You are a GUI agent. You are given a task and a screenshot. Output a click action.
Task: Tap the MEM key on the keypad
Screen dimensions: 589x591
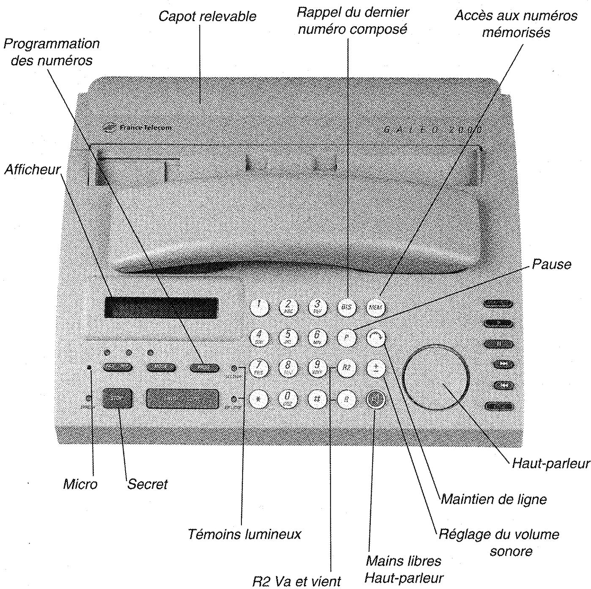(375, 307)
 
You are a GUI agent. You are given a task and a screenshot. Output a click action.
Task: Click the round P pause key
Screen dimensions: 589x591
(347, 338)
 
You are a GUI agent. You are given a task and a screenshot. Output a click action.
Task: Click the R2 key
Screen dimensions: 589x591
(347, 368)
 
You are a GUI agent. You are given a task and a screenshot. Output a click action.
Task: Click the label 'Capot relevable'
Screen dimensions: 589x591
(207, 17)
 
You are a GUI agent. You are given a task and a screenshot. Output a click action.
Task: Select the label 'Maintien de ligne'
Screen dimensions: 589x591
(494, 499)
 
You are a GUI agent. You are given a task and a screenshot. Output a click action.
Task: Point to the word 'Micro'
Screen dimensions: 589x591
(80, 484)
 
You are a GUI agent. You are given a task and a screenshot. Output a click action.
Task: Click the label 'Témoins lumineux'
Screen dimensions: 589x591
(244, 534)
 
